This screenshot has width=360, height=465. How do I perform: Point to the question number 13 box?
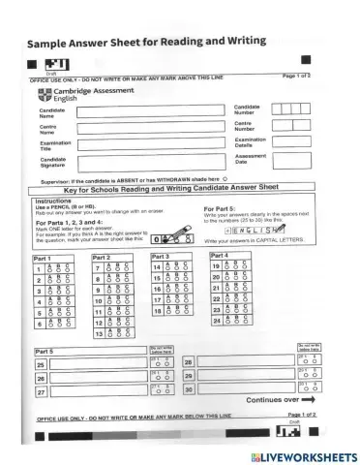99,333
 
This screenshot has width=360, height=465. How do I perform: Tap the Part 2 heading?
101,258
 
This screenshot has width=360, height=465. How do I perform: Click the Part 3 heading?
160,256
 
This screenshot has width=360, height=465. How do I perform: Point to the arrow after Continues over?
308,399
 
